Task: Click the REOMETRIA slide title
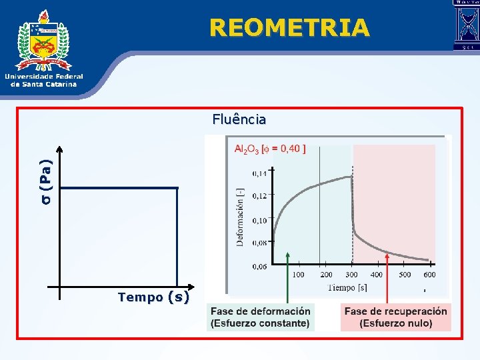pyautogui.click(x=289, y=27)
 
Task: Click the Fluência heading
pyautogui.click(x=239, y=120)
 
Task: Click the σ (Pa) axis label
pyautogui.click(x=45, y=180)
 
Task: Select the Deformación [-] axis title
pyautogui.click(x=240, y=217)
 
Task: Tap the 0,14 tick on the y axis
pyautogui.click(x=259, y=173)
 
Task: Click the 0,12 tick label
pyautogui.click(x=259, y=196)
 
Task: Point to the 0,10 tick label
pyautogui.click(x=259, y=220)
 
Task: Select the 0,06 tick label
pyautogui.click(x=259, y=266)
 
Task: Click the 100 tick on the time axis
pyautogui.click(x=298, y=275)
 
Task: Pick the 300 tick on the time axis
pyautogui.click(x=351, y=275)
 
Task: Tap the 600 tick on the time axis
pyautogui.click(x=429, y=275)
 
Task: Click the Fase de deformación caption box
pyautogui.click(x=261, y=317)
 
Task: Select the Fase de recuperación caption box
pyautogui.click(x=395, y=317)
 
